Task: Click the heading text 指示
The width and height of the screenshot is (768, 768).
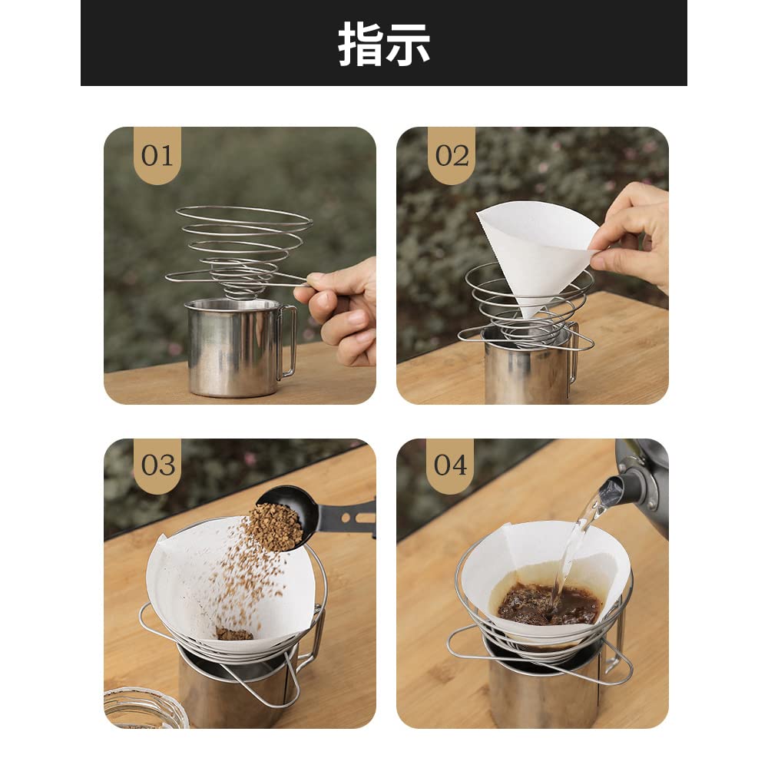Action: pos(384,45)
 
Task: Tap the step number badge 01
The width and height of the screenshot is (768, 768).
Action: pos(157,155)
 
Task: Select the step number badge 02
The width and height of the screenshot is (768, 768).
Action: pos(452,155)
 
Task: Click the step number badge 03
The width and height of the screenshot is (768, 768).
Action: pos(157,465)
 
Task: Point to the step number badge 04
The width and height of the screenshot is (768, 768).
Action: pos(450,465)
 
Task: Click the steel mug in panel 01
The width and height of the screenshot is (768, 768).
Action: pos(230,349)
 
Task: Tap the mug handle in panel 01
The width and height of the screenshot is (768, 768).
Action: pos(288,342)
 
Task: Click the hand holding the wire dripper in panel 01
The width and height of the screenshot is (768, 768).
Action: pos(342,311)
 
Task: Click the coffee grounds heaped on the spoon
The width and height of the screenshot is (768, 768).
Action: pos(276,526)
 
